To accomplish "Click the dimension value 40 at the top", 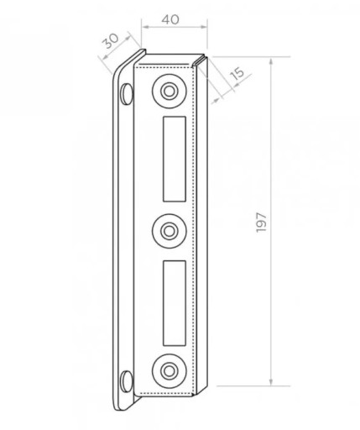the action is tap(170, 19).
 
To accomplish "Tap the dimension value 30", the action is tap(110, 41).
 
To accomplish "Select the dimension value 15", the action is tap(237, 73).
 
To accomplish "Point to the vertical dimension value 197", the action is tap(261, 223).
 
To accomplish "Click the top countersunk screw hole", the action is tap(170, 92).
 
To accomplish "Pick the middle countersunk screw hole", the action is tap(170, 231).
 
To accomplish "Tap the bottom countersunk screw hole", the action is tap(170, 371).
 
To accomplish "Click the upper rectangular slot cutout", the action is tap(175, 159).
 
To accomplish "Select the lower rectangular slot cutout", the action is tap(175, 303).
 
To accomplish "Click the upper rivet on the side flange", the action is tap(127, 94).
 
